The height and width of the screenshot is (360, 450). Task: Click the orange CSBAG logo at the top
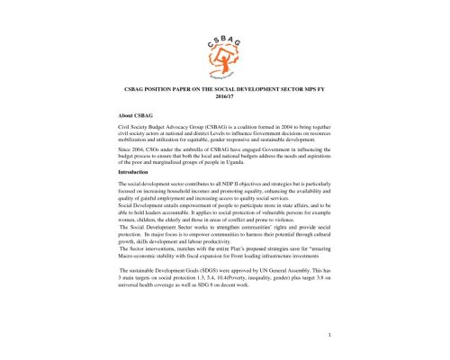click(225, 40)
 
